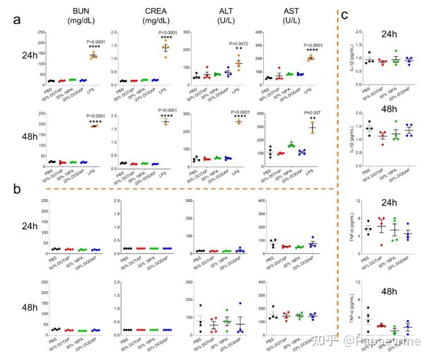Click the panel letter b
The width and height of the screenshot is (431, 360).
click(19, 188)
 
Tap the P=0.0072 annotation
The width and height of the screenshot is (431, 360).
click(240, 43)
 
